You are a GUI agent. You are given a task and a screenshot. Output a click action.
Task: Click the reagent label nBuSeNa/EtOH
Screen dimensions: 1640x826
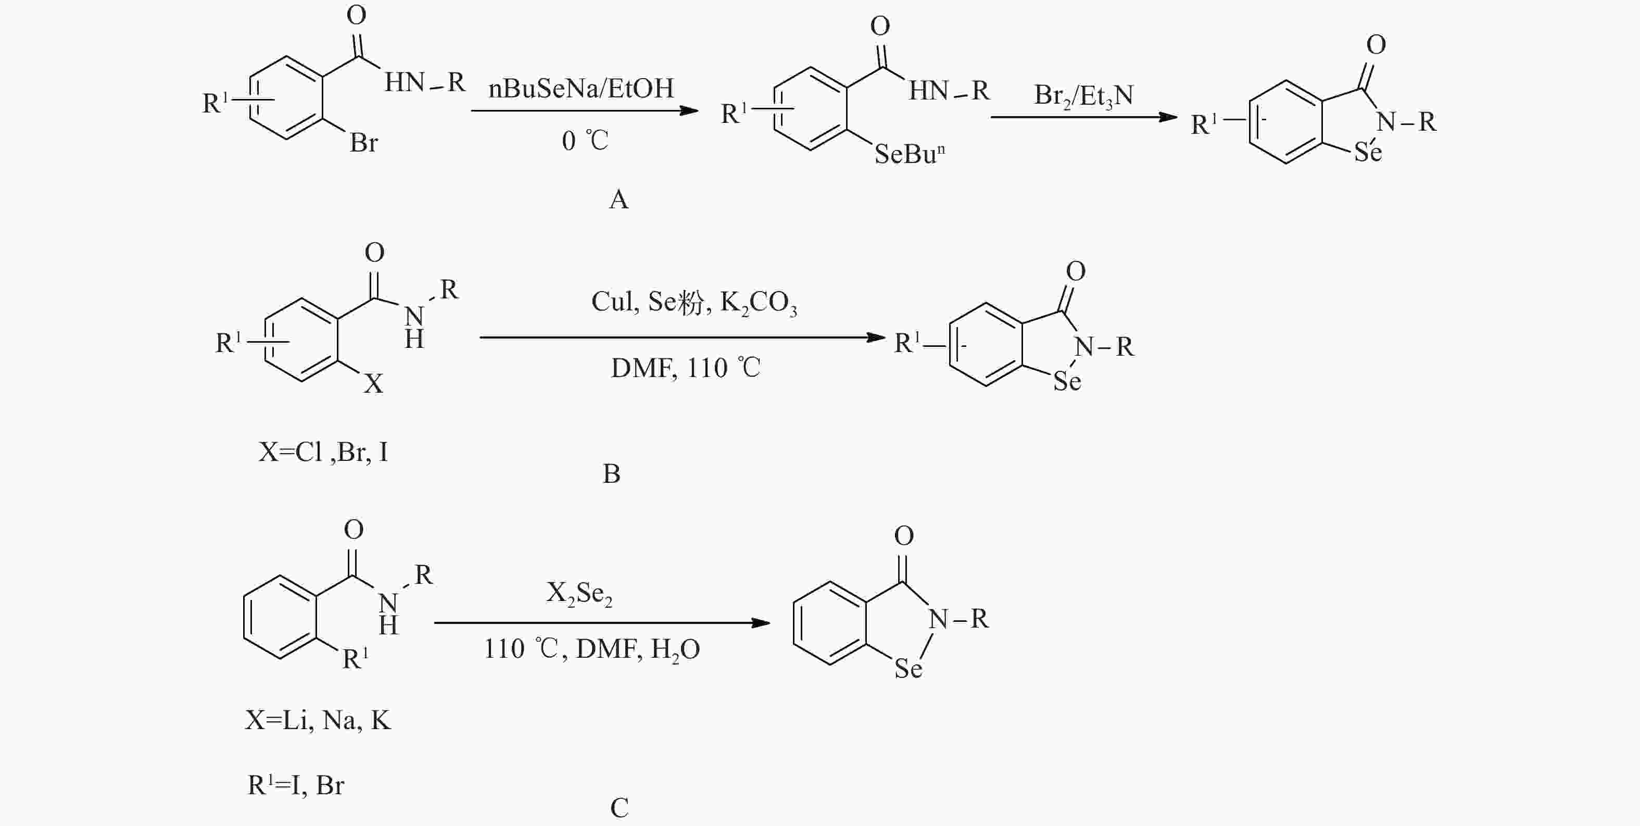581,88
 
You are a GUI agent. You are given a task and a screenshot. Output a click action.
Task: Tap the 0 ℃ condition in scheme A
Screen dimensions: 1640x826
585,140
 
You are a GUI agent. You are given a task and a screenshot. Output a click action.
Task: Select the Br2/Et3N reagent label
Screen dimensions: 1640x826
1083,96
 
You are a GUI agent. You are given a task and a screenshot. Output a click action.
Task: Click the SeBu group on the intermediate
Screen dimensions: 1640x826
909,154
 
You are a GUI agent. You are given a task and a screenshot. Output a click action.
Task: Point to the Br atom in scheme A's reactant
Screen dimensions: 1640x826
363,142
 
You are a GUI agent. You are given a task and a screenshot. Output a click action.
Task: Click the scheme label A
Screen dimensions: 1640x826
618,199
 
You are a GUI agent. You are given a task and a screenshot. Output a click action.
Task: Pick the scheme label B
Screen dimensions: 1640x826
611,473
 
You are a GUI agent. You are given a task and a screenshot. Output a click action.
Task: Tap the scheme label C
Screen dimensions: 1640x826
619,808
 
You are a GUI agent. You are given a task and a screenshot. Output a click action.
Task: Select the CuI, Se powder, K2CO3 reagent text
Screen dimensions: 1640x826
694,303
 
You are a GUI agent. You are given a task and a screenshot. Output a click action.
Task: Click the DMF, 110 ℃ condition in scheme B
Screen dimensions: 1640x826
686,368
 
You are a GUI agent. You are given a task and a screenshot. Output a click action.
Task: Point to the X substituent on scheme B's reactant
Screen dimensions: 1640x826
373,383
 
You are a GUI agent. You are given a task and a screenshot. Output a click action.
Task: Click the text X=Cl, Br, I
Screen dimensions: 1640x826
323,452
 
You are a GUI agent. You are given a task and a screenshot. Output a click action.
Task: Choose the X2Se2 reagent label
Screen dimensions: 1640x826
579,594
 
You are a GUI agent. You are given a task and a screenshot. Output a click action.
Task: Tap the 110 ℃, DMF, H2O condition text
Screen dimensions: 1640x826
591,649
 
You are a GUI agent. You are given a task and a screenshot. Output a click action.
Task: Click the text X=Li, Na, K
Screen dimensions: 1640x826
318,720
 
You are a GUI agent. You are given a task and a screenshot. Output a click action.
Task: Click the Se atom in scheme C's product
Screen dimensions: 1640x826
908,668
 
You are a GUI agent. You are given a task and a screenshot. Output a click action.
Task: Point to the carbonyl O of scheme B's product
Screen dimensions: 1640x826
1075,271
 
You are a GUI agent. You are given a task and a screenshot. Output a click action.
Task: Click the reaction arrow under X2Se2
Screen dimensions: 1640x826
602,623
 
